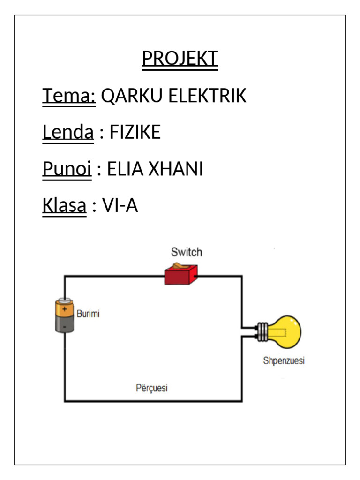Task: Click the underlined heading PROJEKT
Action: [x=180, y=59]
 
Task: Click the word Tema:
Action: [x=69, y=96]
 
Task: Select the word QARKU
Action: [x=132, y=96]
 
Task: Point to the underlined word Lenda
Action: [x=68, y=133]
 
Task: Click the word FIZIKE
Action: [x=135, y=133]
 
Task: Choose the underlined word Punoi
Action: [x=67, y=169]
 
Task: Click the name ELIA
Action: [x=125, y=169]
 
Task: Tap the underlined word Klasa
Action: [x=65, y=206]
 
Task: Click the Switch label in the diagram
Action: [x=187, y=252]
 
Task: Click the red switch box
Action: [x=181, y=275]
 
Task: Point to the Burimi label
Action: [x=88, y=314]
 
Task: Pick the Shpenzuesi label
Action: [x=284, y=361]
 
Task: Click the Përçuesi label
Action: [x=151, y=388]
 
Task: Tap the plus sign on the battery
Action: [x=65, y=308]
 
